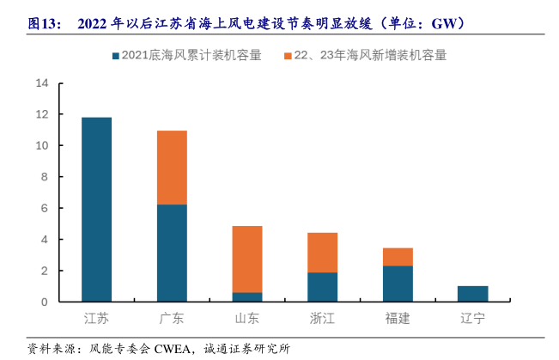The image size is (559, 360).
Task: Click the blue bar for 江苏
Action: (96, 209)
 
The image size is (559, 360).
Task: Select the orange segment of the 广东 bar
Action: (172, 168)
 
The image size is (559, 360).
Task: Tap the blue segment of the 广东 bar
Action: (172, 253)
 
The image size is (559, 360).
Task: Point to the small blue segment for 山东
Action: (247, 296)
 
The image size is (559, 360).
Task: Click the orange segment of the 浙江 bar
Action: (322, 253)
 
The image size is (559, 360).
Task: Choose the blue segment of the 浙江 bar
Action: (322, 287)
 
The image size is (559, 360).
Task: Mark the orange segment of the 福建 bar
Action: (398, 257)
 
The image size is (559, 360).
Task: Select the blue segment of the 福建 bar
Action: (398, 284)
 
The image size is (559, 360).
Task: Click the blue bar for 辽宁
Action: (472, 294)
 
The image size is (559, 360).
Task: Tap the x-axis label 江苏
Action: (96, 319)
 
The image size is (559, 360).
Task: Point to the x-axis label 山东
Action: (247, 319)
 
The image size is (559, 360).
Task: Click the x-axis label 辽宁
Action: (472, 319)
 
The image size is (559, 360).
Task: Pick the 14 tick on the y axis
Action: (42, 83)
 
